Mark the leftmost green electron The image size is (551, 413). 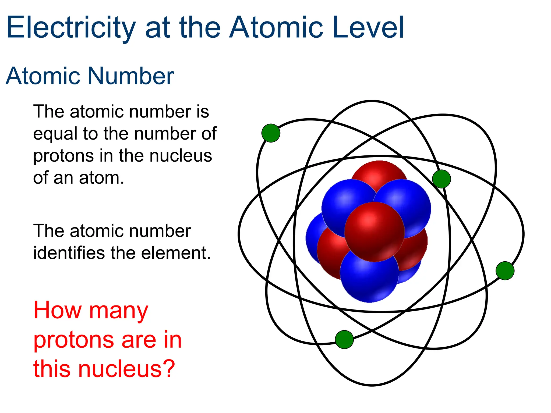[271, 133]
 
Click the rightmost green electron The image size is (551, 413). [505, 270]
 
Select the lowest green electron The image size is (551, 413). [344, 339]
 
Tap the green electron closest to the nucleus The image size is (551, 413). [441, 179]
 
